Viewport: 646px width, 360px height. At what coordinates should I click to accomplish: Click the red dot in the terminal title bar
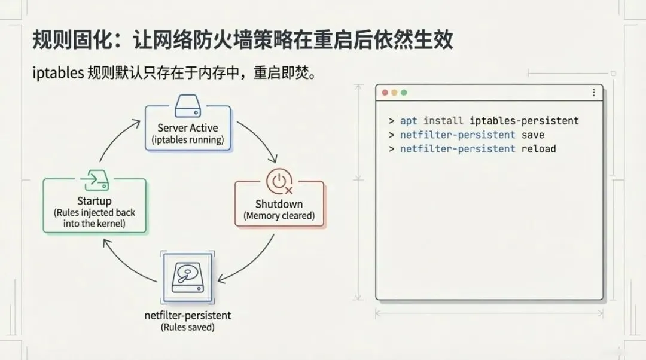pyautogui.click(x=385, y=93)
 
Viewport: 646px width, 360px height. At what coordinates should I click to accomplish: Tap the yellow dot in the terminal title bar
pyautogui.click(x=394, y=93)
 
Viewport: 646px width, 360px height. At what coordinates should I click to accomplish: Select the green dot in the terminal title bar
pyautogui.click(x=404, y=93)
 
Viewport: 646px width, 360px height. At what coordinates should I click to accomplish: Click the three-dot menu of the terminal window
pyautogui.click(x=593, y=93)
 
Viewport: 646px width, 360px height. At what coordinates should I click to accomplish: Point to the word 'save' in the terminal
pyautogui.click(x=532, y=135)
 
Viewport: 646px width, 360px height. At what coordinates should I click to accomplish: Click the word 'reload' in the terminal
pyautogui.click(x=538, y=148)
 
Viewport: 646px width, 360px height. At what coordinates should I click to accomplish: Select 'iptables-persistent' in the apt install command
pyautogui.click(x=524, y=121)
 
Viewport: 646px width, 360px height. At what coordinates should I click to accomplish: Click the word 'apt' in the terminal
pyautogui.click(x=409, y=121)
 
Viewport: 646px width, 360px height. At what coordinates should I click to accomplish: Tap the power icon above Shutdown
pyautogui.click(x=279, y=180)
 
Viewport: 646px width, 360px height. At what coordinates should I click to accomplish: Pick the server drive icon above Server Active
pyautogui.click(x=188, y=107)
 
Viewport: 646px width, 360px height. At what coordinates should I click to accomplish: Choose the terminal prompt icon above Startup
pyautogui.click(x=95, y=179)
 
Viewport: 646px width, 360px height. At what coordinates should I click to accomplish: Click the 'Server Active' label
pyautogui.click(x=188, y=127)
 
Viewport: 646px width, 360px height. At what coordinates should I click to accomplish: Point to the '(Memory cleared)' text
pyautogui.click(x=279, y=216)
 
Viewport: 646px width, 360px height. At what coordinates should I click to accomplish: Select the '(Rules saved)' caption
pyautogui.click(x=188, y=327)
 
